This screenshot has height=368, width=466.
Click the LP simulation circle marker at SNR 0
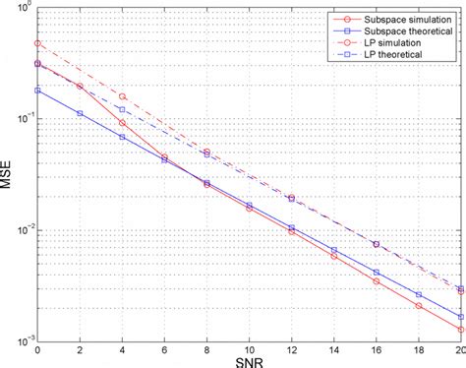coord(37,43)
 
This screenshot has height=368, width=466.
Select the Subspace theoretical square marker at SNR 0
coord(37,91)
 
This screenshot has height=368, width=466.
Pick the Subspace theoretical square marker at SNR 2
coord(80,113)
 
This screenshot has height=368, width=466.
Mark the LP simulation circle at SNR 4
coord(122,96)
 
